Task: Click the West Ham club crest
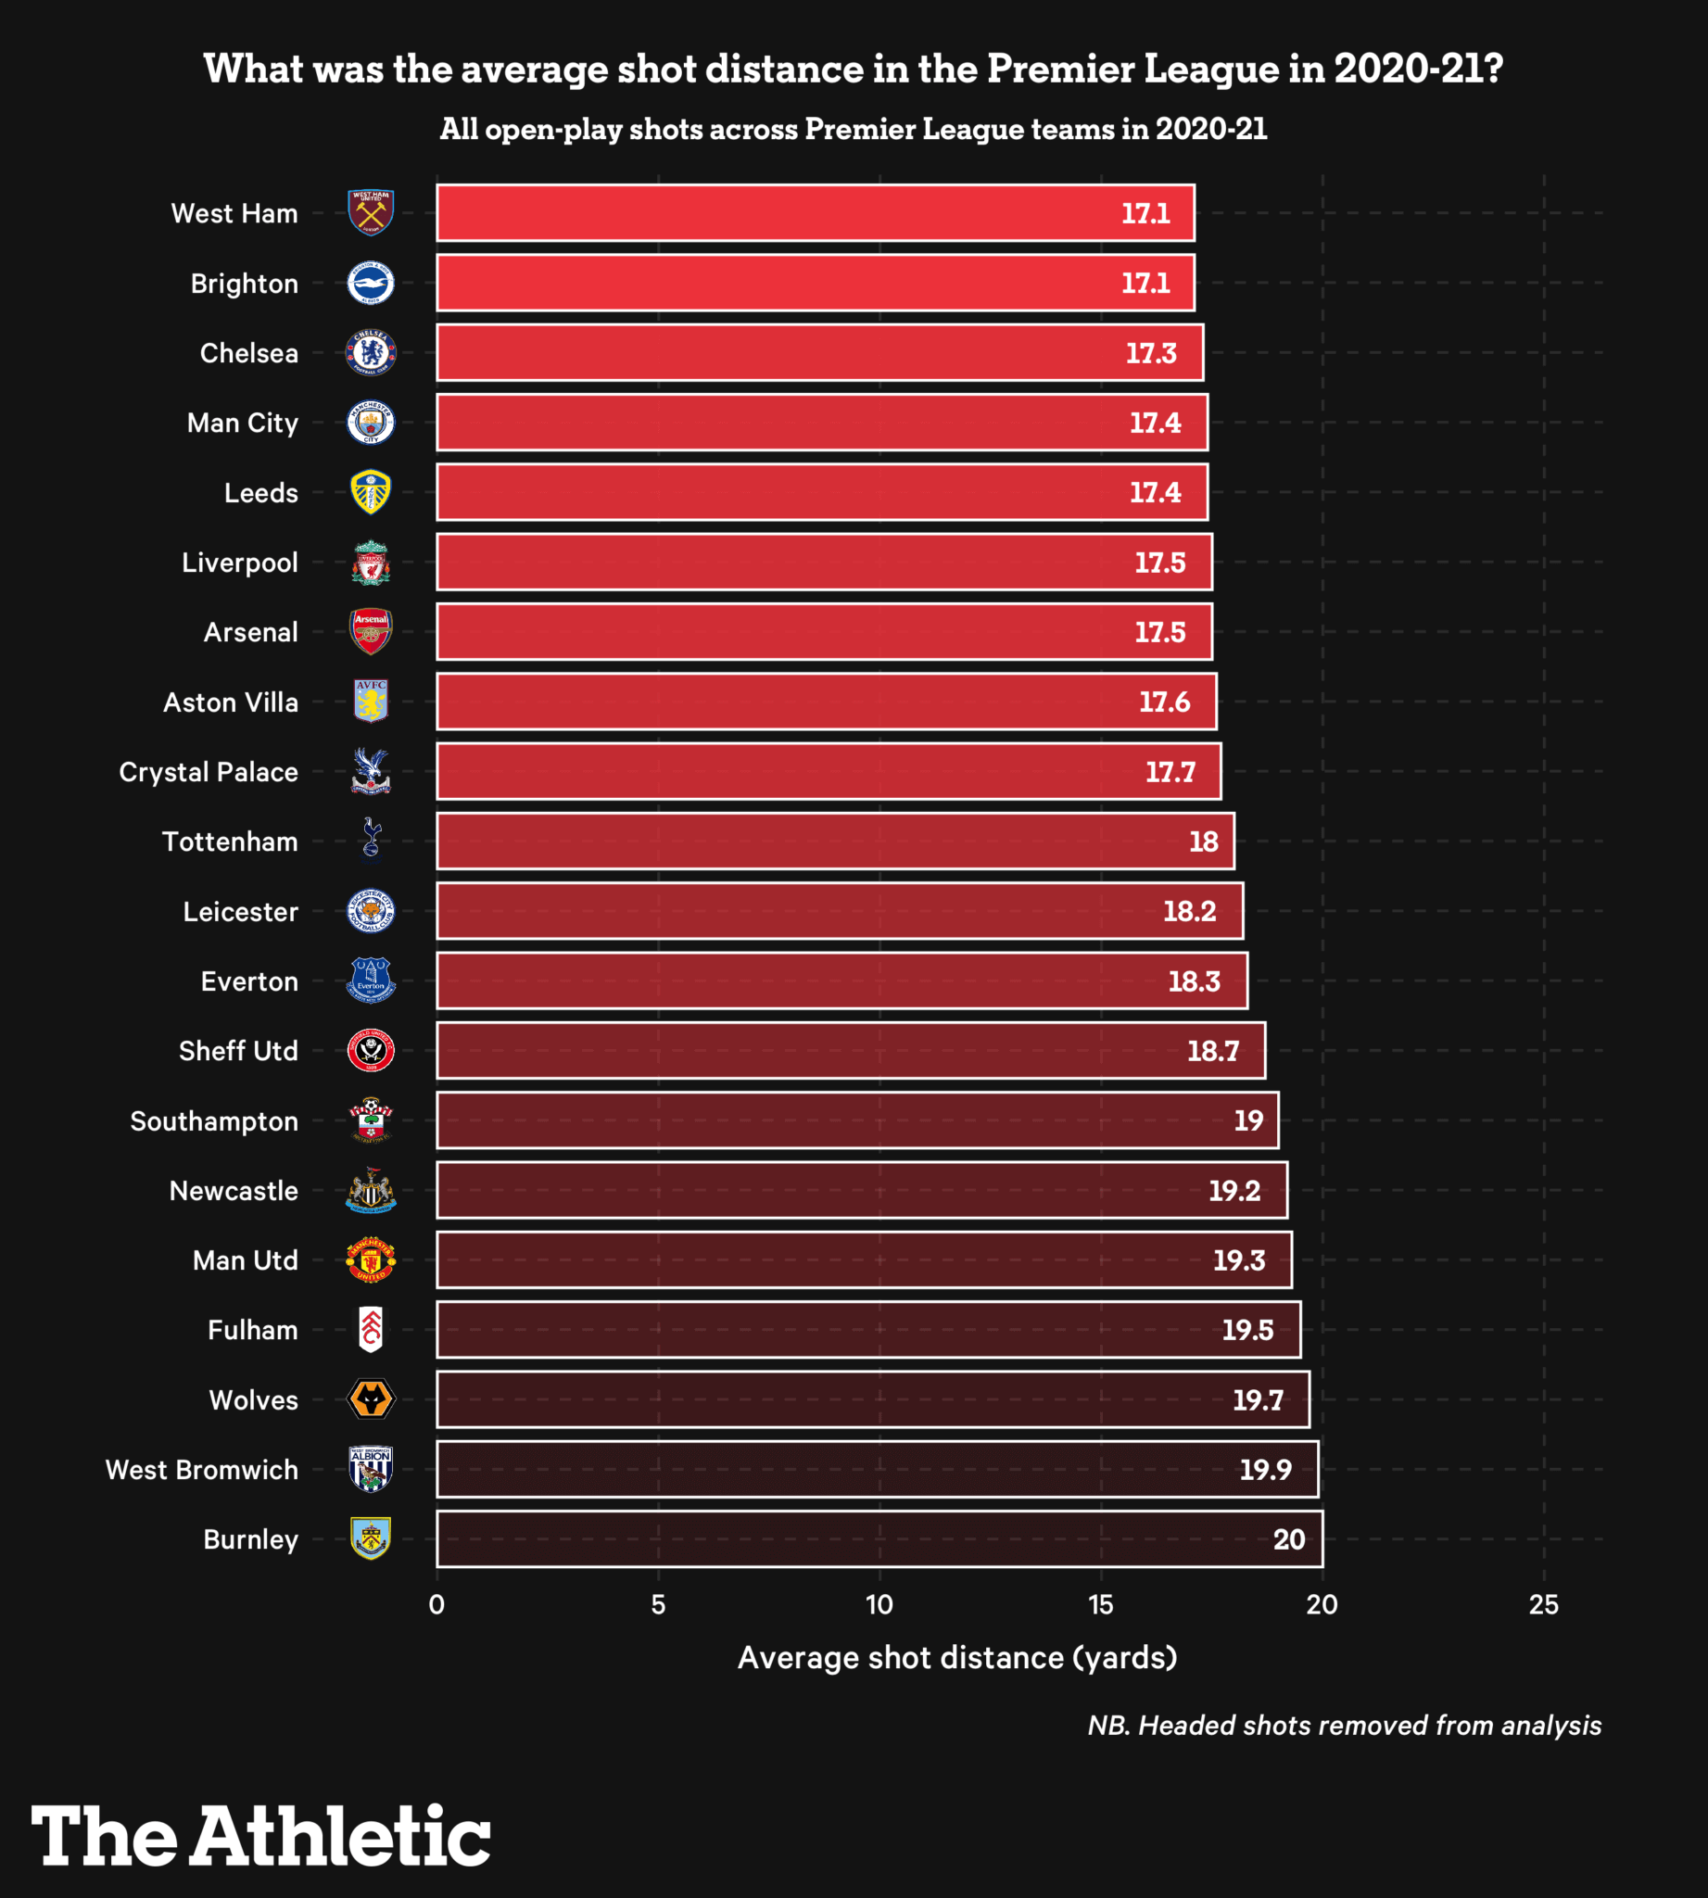[371, 213]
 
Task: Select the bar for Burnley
[879, 1538]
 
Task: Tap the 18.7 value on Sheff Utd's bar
[1212, 1050]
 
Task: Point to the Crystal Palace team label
[209, 772]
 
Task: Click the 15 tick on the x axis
[1101, 1604]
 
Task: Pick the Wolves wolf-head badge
[371, 1399]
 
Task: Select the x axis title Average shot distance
[957, 1657]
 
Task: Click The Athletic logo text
[261, 1836]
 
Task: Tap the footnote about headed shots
[1344, 1726]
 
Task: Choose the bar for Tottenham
[835, 841]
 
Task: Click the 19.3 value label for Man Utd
[1239, 1259]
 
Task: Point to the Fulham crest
[371, 1329]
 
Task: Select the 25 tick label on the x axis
[1544, 1604]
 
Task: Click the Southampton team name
[214, 1120]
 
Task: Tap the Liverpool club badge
[371, 563]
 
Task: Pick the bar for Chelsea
[819, 353]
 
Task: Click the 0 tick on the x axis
[436, 1604]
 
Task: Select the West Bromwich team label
[202, 1469]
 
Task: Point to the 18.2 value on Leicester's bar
[1189, 910]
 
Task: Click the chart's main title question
[853, 69]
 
